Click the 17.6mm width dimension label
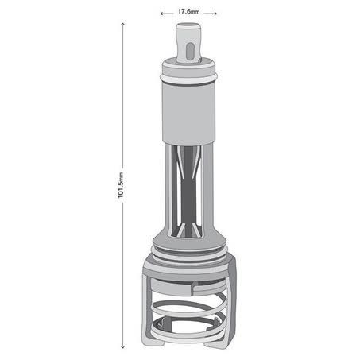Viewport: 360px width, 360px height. point(188,12)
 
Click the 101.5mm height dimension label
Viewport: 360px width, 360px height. point(121,185)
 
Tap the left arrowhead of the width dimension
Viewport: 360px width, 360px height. point(161,14)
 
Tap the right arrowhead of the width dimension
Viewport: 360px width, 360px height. point(215,14)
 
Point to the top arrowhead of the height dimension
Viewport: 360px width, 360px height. point(122,24)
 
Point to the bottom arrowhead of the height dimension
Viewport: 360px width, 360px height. point(122,346)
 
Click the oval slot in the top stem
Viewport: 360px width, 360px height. point(190,51)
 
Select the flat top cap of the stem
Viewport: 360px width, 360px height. point(188,26)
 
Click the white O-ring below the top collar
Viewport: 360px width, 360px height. point(188,78)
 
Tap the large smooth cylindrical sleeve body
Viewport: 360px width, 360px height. point(188,113)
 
